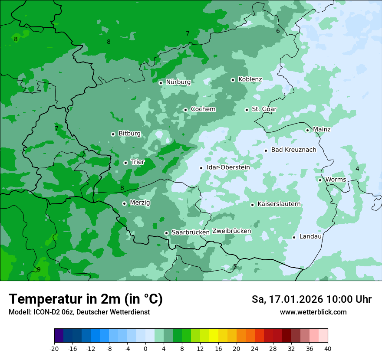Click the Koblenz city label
(250, 79)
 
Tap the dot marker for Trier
(125, 163)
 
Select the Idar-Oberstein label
(228, 167)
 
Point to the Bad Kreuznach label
(293, 150)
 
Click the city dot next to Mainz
(307, 130)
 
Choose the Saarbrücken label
(191, 232)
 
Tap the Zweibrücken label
(232, 231)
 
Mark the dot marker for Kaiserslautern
(252, 205)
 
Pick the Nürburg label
(178, 82)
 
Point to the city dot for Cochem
(185, 110)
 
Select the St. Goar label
(264, 109)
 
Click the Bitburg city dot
(113, 134)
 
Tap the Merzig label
(140, 203)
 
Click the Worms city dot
(320, 180)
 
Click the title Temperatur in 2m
(86, 299)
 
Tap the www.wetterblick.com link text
(313, 312)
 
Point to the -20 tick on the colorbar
(54, 348)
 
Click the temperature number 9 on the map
(39, 270)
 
